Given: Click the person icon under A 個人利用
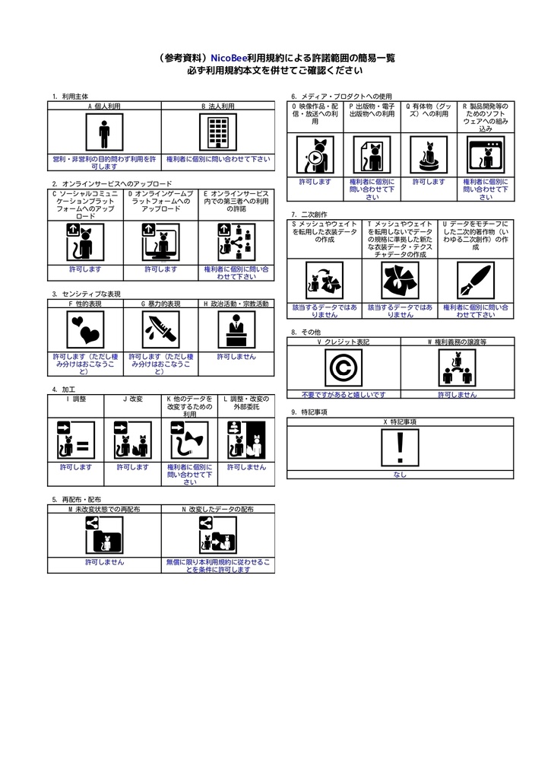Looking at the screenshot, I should point(104,135).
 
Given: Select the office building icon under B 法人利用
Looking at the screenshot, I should point(217,135).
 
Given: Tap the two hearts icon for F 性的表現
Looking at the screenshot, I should point(84,329).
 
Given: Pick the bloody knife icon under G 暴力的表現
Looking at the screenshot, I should point(160,329).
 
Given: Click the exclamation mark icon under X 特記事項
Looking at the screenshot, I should point(400,447).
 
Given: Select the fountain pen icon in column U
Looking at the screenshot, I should point(475,281).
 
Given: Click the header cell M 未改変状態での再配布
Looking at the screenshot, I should point(104,508).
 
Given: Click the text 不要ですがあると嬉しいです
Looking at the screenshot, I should point(343,395).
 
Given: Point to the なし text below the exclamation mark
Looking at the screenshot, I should point(400,475).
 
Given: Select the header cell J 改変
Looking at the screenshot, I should point(132,399).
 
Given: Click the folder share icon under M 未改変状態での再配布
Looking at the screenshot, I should point(104,534).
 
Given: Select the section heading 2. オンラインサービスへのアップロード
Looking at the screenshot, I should point(112,184).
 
